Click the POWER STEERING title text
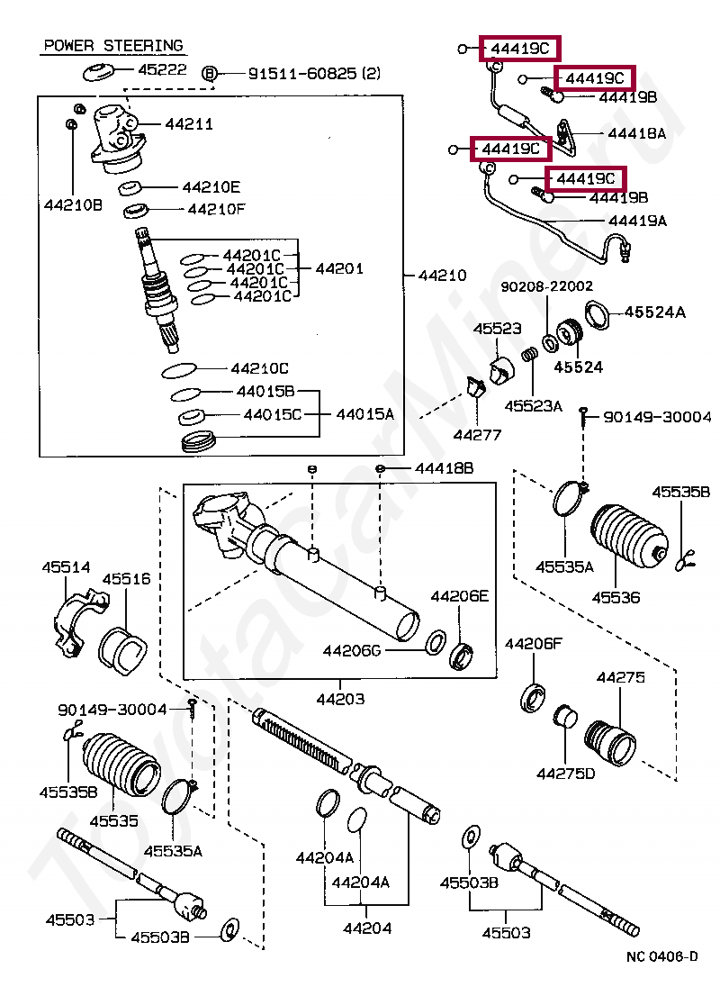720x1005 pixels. [113, 46]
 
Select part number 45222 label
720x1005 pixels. [162, 68]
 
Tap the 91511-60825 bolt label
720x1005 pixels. [314, 74]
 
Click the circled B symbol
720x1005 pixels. [209, 74]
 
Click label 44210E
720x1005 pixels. [211, 187]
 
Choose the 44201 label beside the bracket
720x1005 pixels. [339, 268]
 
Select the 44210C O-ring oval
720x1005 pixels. [179, 370]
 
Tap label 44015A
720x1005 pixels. [365, 414]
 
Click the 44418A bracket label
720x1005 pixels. [636, 133]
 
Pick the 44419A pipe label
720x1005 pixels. [637, 221]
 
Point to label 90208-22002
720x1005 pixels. [547, 286]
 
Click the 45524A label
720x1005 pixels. [654, 312]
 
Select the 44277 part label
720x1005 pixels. [477, 435]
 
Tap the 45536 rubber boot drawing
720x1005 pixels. [628, 536]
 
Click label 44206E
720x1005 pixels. [459, 596]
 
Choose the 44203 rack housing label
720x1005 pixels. [340, 699]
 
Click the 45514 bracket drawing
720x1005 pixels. [79, 624]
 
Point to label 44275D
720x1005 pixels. [565, 774]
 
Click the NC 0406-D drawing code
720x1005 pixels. [662, 956]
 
